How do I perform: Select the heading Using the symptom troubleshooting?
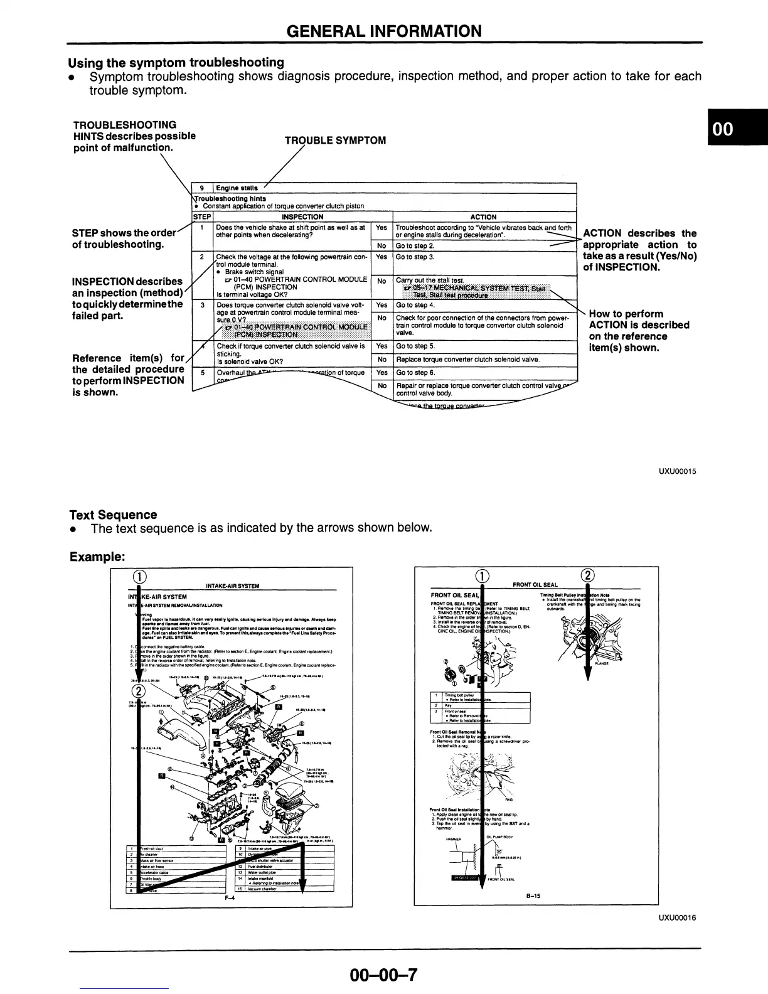tap(176, 62)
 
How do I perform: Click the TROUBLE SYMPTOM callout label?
tap(335, 141)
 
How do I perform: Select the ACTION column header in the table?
tap(483, 217)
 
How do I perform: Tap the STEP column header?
tap(201, 217)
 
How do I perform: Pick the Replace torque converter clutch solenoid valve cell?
tap(467, 360)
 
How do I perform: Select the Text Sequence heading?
tap(113, 515)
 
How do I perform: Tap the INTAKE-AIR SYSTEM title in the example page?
tap(233, 586)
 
